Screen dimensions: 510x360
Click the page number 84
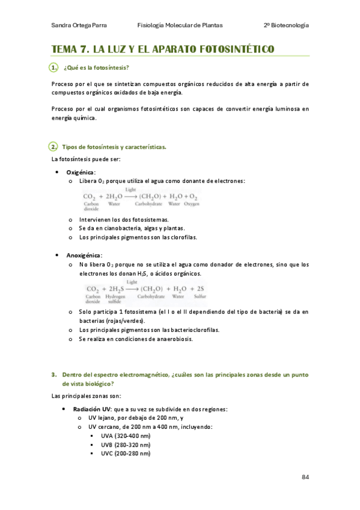(x=305, y=477)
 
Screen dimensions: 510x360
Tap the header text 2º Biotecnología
(x=286, y=25)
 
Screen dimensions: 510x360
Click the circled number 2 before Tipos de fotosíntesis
(x=54, y=147)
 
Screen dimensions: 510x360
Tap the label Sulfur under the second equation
(x=200, y=296)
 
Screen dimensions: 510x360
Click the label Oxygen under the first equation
(x=192, y=204)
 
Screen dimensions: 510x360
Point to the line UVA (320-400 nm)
(x=126, y=435)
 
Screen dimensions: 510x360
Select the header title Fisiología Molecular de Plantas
(x=180, y=25)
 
